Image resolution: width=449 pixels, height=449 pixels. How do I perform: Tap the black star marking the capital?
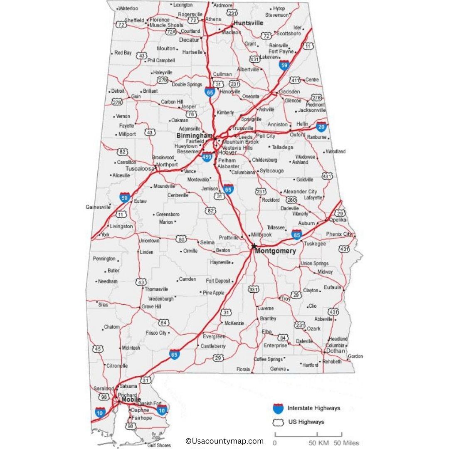click(254, 246)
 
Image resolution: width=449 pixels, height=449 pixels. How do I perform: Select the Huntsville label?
click(248, 23)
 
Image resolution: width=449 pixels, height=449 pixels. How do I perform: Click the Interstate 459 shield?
click(207, 157)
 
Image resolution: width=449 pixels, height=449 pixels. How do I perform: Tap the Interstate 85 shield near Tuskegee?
click(296, 235)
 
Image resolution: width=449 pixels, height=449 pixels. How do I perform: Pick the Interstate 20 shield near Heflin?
click(321, 126)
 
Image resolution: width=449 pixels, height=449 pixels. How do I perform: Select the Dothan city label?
click(335, 350)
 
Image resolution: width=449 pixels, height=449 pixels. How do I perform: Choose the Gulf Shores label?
click(159, 445)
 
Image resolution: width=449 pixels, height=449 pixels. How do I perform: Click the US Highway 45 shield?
click(98, 348)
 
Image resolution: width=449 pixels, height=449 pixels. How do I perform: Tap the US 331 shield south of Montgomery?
click(253, 289)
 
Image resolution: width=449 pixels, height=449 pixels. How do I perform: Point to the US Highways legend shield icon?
click(278, 422)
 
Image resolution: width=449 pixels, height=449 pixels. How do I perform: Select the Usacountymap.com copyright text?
click(224, 441)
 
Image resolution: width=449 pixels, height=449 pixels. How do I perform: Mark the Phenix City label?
click(339, 234)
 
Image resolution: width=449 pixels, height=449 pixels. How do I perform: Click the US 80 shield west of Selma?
click(181, 239)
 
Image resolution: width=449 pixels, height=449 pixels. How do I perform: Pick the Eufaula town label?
click(333, 287)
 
